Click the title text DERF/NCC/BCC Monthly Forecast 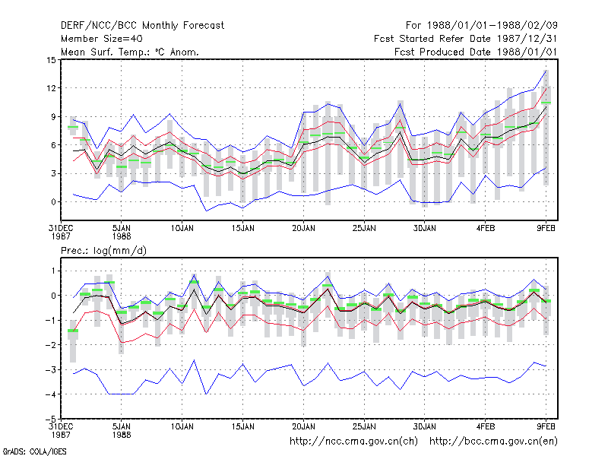coord(142,26)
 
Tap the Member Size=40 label coord(102,39)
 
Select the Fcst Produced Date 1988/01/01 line coord(476,52)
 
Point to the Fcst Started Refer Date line coord(465,39)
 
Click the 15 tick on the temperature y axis coord(51,60)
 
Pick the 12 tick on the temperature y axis coord(51,88)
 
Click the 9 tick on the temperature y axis coord(53,117)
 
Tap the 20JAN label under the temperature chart coord(303,229)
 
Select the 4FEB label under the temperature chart coord(486,229)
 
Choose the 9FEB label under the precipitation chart coord(546,426)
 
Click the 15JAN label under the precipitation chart coord(243,426)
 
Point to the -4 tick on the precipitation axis coord(51,394)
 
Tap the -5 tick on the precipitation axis coord(51,420)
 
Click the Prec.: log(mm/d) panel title coord(103,251)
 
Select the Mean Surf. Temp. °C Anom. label coord(129,52)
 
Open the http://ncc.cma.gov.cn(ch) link coord(353,442)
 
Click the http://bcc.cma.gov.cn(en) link coord(493,442)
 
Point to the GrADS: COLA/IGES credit coord(34,451)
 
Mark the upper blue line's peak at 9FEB coord(546,71)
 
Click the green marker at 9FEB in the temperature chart coord(546,103)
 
